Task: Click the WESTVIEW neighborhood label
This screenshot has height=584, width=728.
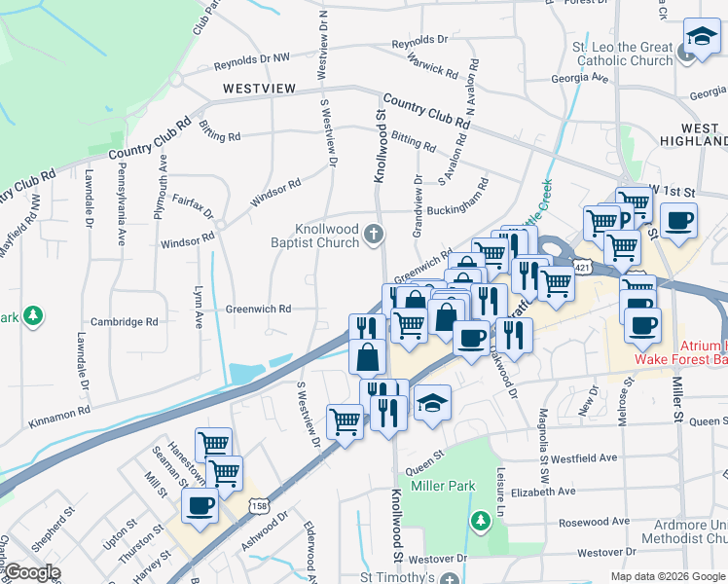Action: click(258, 89)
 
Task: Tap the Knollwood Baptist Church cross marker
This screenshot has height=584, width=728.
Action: click(375, 234)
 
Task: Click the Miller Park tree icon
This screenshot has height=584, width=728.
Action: click(479, 522)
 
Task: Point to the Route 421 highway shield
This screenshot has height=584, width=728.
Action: click(580, 265)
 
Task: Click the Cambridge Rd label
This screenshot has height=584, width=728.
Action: click(125, 322)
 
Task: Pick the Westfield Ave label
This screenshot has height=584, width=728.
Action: click(585, 457)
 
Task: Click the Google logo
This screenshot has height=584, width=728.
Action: click(32, 572)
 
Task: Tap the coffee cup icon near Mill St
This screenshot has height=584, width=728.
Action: click(200, 505)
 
